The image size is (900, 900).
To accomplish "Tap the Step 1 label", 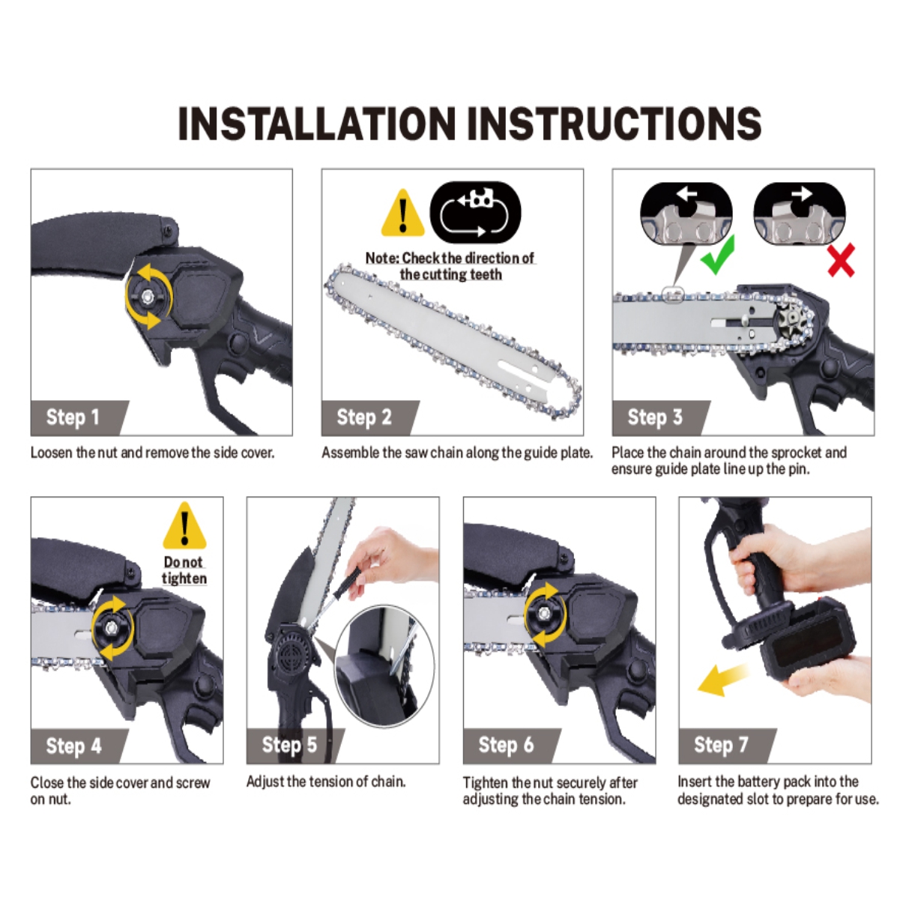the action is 73,417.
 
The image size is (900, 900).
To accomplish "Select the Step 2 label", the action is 364,417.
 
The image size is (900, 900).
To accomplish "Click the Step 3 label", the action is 655,417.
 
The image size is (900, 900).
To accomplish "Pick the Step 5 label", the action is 289,745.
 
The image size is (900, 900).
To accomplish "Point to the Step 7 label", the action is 721,745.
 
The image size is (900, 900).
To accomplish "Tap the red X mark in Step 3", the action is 841,260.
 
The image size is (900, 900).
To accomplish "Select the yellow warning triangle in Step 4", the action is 184,526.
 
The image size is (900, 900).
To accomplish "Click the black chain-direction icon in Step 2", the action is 475,213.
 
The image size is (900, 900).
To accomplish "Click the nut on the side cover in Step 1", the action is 148,295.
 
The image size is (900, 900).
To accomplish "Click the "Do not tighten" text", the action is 184,570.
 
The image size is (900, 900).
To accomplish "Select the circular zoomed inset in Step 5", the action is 384,666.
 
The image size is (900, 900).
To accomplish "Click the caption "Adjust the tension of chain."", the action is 326,782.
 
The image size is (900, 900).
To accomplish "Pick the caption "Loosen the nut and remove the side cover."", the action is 152,453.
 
